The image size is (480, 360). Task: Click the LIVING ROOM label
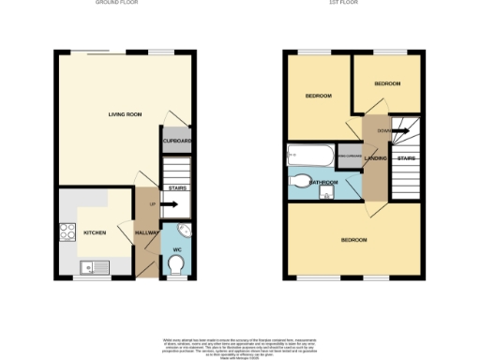123,114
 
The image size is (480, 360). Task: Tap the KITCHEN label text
95,232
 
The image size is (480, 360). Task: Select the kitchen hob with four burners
67,232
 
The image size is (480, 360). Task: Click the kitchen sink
97,267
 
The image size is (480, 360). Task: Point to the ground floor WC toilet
176,265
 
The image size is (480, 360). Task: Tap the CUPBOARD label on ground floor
176,142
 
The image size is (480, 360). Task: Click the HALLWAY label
146,232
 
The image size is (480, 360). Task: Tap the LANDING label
374,158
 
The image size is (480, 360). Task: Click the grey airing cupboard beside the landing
349,157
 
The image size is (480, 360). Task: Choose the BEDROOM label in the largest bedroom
353,241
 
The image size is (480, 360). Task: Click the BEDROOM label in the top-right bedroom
387,84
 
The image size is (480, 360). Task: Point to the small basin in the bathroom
326,195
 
